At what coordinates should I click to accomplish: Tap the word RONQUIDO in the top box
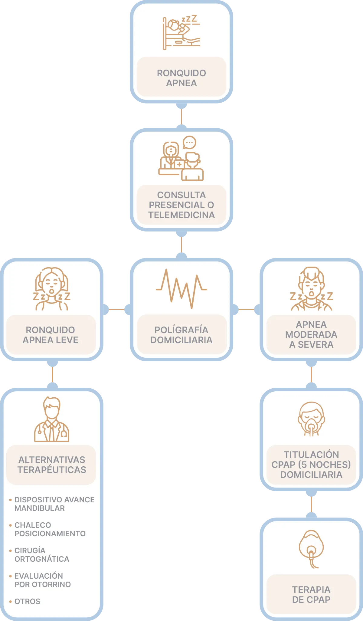pyautogui.click(x=181, y=73)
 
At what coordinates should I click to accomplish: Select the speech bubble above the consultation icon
pyautogui.click(x=189, y=142)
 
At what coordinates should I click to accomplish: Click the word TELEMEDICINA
pyautogui.click(x=181, y=215)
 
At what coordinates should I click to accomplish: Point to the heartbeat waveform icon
pyautogui.click(x=181, y=288)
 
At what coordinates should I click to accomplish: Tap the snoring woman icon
pyautogui.click(x=52, y=289)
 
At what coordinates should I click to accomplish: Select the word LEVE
pyautogui.click(x=67, y=340)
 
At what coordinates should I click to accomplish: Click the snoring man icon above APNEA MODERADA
pyautogui.click(x=311, y=289)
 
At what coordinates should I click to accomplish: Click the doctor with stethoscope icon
pyautogui.click(x=52, y=419)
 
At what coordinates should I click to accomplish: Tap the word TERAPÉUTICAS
pyautogui.click(x=52, y=470)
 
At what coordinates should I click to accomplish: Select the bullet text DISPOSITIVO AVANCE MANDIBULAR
pyautogui.click(x=54, y=504)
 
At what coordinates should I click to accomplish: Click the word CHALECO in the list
pyautogui.click(x=33, y=525)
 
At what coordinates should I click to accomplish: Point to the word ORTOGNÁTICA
pyautogui.click(x=42, y=559)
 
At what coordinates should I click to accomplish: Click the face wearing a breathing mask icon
pyautogui.click(x=311, y=419)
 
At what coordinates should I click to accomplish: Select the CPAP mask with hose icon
pyautogui.click(x=311, y=549)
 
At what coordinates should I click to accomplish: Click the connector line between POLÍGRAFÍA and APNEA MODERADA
pyautogui.click(x=246, y=310)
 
